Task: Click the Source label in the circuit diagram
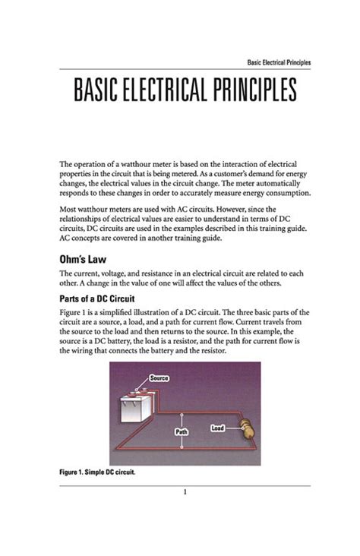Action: click(159, 378)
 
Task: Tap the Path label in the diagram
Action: click(182, 431)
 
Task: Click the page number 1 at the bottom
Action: click(185, 491)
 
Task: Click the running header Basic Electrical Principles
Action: click(279, 62)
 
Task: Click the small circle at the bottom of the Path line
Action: click(182, 447)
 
